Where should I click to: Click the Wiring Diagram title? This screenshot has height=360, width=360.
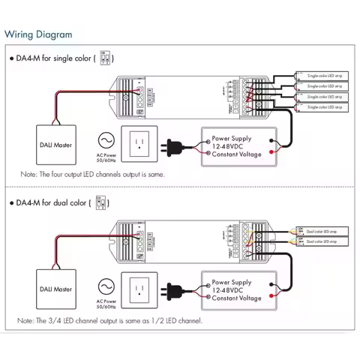[x=39, y=34]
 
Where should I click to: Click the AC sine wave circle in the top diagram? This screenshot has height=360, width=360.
[x=106, y=140]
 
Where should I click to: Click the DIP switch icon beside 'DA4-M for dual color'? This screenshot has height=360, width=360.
[x=101, y=202]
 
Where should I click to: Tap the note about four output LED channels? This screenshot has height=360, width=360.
[x=92, y=173]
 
